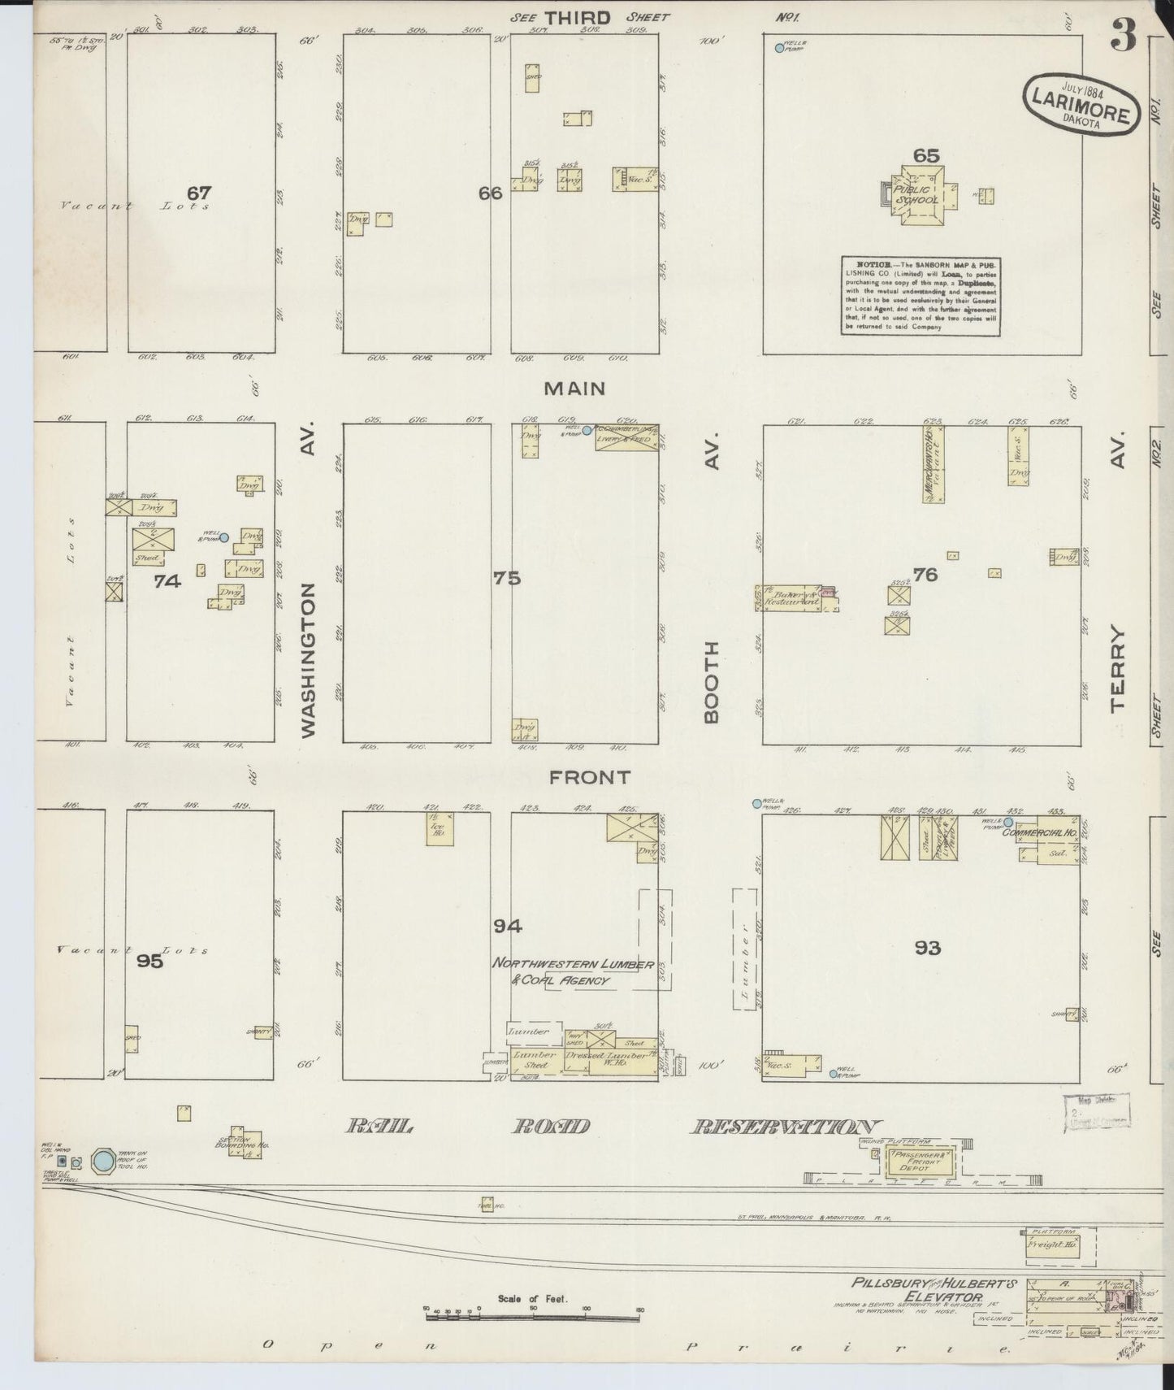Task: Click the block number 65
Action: [925, 156]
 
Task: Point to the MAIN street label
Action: [574, 389]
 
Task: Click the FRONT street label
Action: [590, 777]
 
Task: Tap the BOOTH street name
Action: [712, 681]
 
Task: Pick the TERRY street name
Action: [1118, 668]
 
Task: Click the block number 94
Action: [507, 926]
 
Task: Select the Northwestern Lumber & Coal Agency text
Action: [573, 971]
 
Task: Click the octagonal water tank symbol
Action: [103, 1161]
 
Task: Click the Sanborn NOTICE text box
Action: [921, 296]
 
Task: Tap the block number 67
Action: [198, 193]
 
